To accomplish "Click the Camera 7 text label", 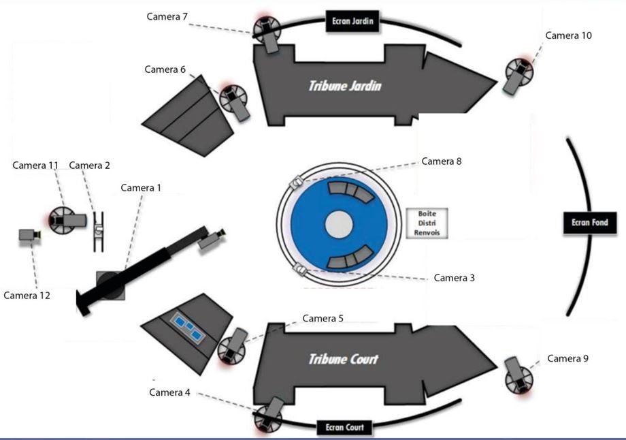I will tap(167, 16).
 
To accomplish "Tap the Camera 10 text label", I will tap(568, 35).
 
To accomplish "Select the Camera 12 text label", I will tap(27, 296).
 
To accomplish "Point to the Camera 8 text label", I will tap(442, 161).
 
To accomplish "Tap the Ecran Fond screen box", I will tap(590, 222).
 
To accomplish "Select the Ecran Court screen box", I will tap(344, 428).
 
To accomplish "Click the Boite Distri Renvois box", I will tap(427, 223).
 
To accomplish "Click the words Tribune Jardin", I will tap(345, 86).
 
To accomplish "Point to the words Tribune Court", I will tap(343, 359).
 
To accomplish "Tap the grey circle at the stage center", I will tap(338, 223).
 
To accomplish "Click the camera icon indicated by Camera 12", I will tap(29, 236).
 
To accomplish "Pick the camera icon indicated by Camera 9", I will tap(519, 374).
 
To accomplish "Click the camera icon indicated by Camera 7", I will tap(267, 33).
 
